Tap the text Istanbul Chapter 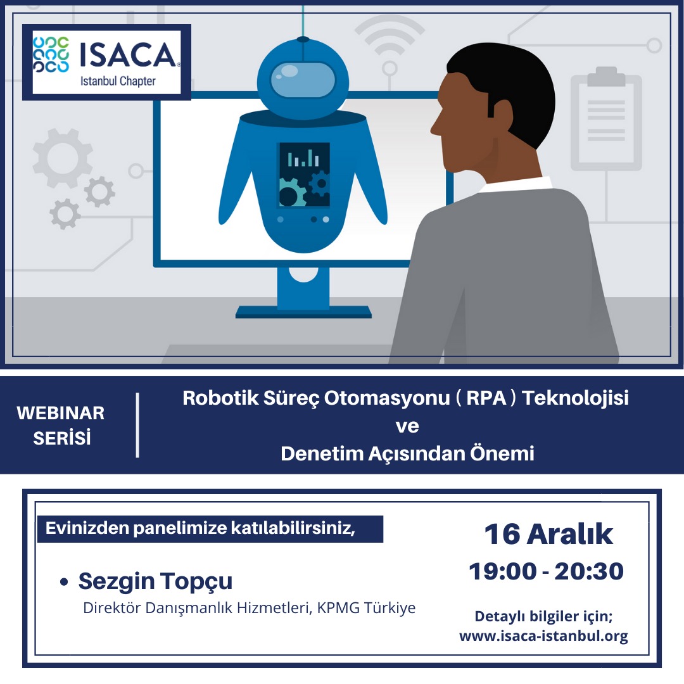pyautogui.click(x=118, y=81)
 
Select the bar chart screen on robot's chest pyautogui.click(x=305, y=175)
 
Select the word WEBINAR pyautogui.click(x=61, y=413)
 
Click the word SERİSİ pyautogui.click(x=62, y=438)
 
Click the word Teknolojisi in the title pyautogui.click(x=575, y=398)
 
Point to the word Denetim pyautogui.click(x=322, y=453)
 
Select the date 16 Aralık pyautogui.click(x=548, y=534)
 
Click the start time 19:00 pyautogui.click(x=502, y=571)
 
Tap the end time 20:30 pyautogui.click(x=589, y=571)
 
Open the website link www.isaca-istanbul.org pyautogui.click(x=543, y=636)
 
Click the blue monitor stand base pyautogui.click(x=303, y=312)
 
